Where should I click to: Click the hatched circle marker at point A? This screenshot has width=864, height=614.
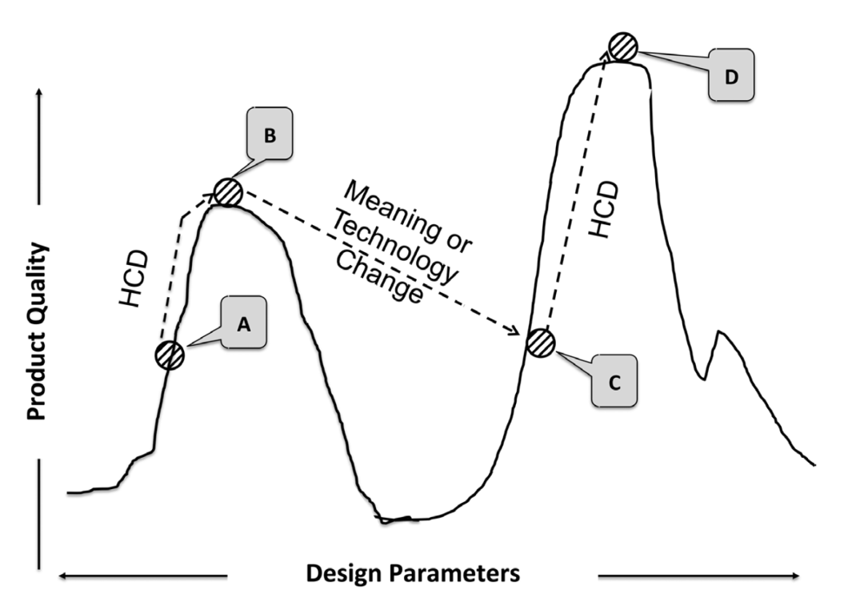tap(170, 354)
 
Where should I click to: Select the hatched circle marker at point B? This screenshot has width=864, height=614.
tap(228, 193)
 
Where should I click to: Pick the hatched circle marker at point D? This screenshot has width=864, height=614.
tap(621, 47)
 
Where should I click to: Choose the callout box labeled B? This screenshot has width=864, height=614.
tap(269, 136)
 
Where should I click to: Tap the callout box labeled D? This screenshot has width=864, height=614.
tap(730, 75)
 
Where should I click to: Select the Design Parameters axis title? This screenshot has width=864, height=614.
tap(413, 574)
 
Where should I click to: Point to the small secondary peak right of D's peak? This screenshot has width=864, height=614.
tap(720, 333)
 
